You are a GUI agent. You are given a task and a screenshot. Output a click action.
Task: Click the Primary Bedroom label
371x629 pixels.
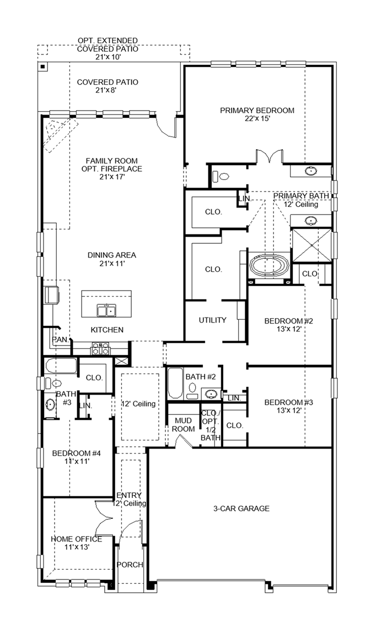(257, 110)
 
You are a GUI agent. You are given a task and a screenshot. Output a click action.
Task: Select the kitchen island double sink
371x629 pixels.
(106, 311)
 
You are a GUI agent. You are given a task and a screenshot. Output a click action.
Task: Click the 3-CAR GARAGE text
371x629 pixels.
(241, 508)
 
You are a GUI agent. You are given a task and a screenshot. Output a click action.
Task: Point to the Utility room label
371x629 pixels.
(213, 320)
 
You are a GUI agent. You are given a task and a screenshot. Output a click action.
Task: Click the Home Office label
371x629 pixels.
(69, 539)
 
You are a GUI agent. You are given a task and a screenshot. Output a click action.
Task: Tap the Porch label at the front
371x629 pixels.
(130, 565)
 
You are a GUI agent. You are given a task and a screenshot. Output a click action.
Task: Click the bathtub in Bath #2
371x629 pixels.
(174, 383)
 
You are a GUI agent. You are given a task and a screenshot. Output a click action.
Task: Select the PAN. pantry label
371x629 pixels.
(60, 340)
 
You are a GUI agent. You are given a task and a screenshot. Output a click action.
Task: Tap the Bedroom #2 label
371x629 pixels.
(288, 321)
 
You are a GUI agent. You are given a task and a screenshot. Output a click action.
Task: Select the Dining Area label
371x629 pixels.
(112, 255)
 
